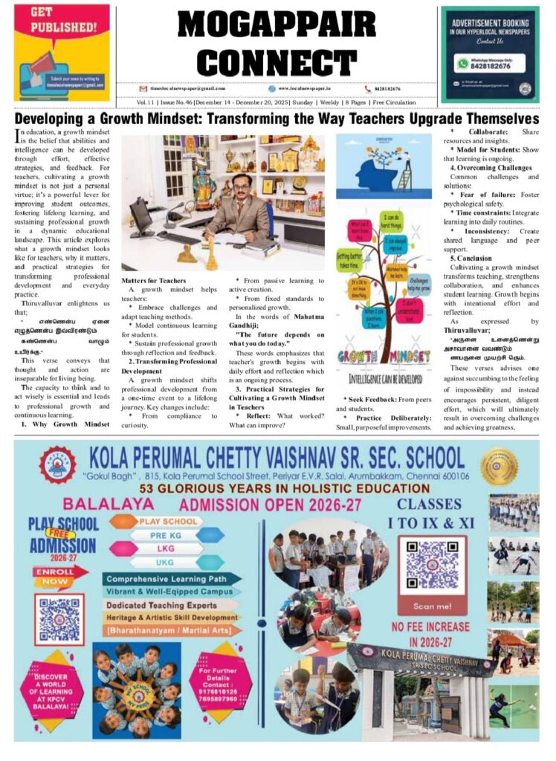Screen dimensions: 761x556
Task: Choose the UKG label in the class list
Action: pyautogui.click(x=166, y=562)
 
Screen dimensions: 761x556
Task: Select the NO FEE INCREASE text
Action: pyautogui.click(x=430, y=626)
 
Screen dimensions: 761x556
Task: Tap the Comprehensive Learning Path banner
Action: pyautogui.click(x=172, y=578)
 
